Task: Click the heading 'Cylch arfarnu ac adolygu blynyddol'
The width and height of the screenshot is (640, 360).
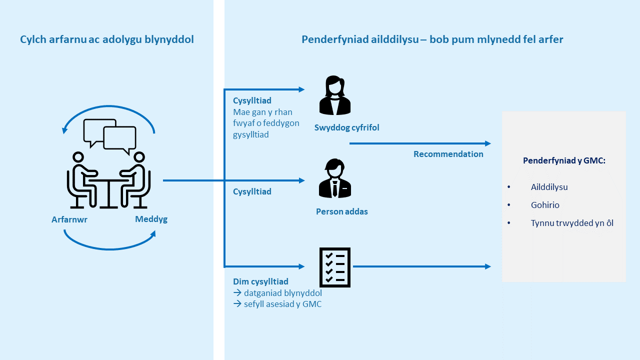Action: click(107, 39)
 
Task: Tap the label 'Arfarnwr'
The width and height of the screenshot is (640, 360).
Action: click(69, 219)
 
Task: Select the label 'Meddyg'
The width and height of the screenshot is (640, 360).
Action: click(151, 219)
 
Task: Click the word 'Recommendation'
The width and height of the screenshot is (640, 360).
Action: click(448, 154)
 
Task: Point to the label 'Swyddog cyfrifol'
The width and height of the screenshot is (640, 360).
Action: click(346, 127)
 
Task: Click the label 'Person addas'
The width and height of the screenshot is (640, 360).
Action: click(341, 211)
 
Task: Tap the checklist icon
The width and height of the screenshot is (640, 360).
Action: click(335, 267)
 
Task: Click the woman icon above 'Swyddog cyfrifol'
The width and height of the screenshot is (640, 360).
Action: click(335, 95)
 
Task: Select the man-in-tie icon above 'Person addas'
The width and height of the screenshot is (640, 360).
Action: click(335, 178)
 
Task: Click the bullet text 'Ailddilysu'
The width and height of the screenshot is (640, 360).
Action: click(549, 187)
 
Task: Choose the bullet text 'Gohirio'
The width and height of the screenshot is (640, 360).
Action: click(545, 205)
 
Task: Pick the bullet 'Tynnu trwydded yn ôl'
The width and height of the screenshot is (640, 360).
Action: click(572, 223)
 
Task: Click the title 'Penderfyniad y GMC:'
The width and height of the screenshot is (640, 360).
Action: click(564, 160)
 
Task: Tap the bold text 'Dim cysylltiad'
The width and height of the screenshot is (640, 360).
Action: click(260, 281)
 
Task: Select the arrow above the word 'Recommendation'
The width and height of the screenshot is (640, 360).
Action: click(420, 143)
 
